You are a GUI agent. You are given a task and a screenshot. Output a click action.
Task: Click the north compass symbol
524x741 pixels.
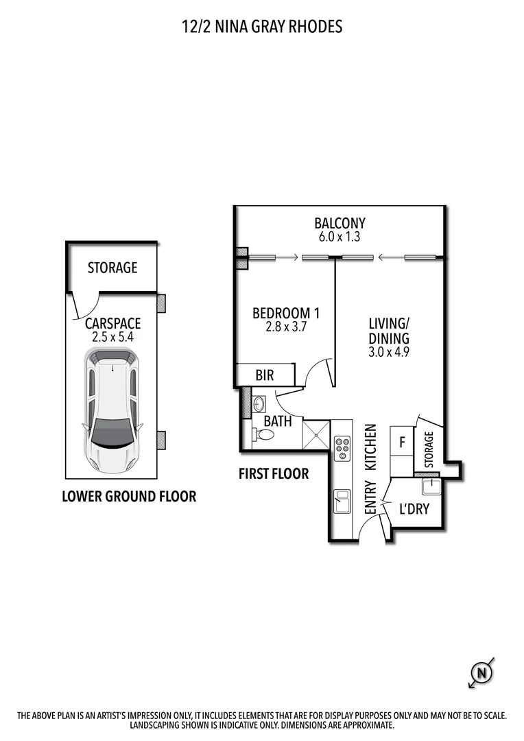[483, 673]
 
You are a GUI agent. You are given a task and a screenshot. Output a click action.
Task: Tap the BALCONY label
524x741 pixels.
[340, 223]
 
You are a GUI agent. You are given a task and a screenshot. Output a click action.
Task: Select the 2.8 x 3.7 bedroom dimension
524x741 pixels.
[285, 327]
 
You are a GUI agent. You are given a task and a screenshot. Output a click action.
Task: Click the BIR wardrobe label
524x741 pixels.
[265, 375]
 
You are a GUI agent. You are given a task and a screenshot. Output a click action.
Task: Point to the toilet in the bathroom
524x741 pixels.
[262, 435]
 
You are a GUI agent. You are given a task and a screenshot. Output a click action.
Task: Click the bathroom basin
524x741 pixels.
[258, 403]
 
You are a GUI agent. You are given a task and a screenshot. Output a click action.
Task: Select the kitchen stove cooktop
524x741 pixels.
[342, 449]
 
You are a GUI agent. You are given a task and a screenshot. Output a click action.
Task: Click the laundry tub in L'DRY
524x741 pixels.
[431, 487]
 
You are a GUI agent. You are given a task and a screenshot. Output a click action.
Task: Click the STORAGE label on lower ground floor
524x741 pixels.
[112, 268]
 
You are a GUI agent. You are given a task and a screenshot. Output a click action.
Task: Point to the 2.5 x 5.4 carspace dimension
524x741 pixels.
[112, 337]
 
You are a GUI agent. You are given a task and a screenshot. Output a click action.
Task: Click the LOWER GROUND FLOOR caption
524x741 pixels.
[129, 496]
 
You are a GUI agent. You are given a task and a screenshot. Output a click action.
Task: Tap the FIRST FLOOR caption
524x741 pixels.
[274, 473]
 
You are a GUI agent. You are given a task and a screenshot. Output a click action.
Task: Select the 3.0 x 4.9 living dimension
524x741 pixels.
[389, 353]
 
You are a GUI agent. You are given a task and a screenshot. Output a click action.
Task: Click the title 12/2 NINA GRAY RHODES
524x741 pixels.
[261, 27]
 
